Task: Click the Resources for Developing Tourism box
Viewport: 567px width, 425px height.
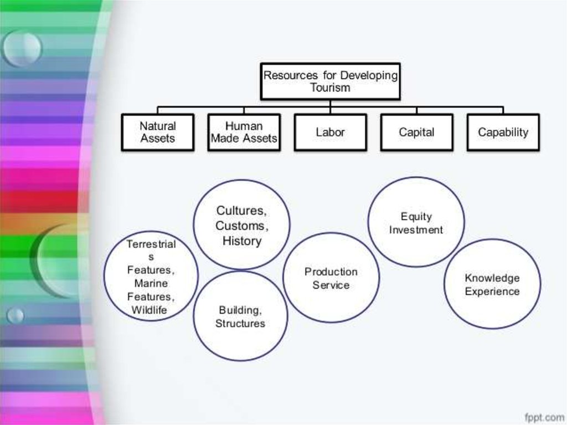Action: pos(330,81)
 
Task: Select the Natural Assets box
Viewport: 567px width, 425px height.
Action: pos(158,132)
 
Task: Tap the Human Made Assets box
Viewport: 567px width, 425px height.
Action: pos(244,132)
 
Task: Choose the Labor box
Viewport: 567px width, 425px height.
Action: pos(330,132)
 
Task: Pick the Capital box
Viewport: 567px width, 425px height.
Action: pos(416,132)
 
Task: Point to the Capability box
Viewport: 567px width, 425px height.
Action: pos(503,132)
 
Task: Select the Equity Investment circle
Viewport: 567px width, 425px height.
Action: pos(416,222)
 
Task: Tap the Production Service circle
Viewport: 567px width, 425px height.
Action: pos(331,278)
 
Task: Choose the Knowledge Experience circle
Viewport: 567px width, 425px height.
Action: pos(492,284)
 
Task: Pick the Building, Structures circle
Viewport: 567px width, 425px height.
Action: pos(240,316)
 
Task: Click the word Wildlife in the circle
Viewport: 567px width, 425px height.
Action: pos(149,310)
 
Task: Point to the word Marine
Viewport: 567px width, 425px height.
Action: pos(151,283)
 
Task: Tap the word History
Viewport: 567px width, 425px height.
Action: pos(241,241)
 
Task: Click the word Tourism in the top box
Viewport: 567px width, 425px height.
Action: pos(330,88)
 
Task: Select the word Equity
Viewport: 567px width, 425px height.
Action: pos(416,217)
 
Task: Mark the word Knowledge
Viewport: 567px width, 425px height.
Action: pos(492,278)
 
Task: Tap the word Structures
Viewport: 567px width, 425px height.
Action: pos(240,323)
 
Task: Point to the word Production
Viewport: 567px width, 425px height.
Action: pos(331,272)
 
